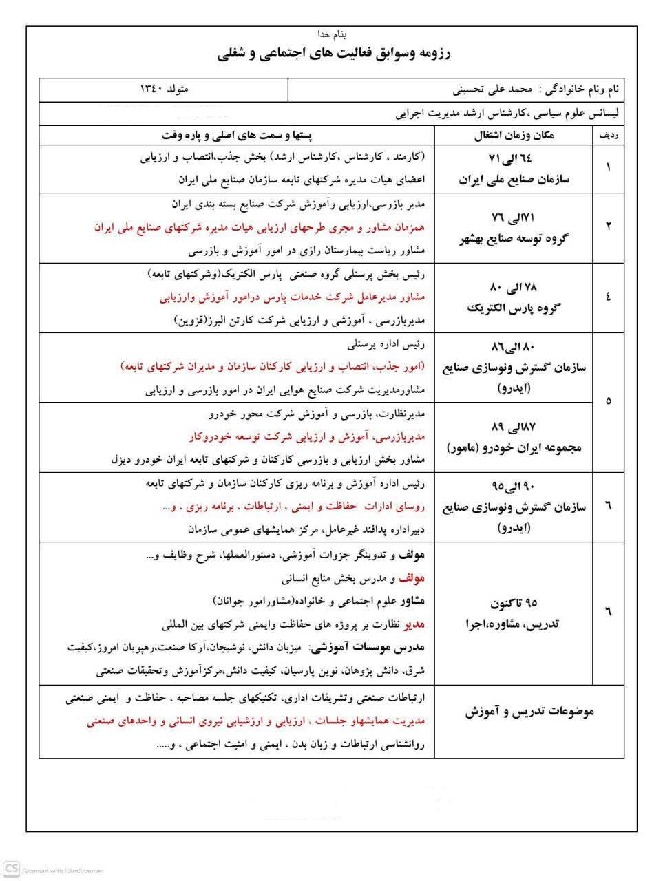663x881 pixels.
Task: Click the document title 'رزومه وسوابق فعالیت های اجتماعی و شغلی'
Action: (x=333, y=54)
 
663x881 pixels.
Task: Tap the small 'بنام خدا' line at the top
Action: (x=333, y=34)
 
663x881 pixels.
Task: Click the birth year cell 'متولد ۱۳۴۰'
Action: (x=164, y=89)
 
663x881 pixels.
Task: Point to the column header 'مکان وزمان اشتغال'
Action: (x=514, y=136)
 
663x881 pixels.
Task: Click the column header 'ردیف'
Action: (x=609, y=136)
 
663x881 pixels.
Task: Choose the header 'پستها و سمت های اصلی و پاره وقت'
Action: (x=236, y=136)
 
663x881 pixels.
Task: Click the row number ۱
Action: (x=609, y=167)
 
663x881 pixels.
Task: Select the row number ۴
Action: (x=609, y=297)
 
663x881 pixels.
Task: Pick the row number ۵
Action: (x=609, y=401)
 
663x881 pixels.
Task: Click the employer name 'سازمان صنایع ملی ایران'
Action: (x=514, y=180)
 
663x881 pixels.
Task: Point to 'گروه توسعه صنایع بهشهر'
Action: (x=514, y=239)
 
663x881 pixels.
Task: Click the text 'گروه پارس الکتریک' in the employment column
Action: (x=514, y=308)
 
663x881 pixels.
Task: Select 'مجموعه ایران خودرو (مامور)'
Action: (x=514, y=448)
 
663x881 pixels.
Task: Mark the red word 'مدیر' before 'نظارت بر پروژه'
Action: (x=415, y=624)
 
